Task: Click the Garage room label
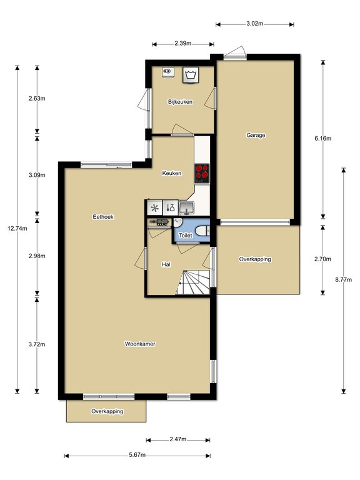pos(256,135)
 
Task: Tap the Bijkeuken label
pos(180,102)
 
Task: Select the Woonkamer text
pos(140,344)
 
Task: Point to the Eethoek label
pos(103,217)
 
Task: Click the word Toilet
pos(186,236)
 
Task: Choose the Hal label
pos(166,264)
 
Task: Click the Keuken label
pos(172,173)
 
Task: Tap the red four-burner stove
pos(202,174)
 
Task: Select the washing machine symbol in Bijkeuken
pos(191,75)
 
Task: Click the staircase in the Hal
pos(193,282)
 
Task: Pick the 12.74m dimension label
pos(17,228)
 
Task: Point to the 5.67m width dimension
pos(137,454)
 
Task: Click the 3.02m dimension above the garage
pos(255,24)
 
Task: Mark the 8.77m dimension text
pos(344,279)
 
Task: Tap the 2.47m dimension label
pos(178,439)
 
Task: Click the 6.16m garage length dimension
pos(322,138)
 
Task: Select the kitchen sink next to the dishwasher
pos(186,208)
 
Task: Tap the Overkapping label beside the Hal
pos(255,259)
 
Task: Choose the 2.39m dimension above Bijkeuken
pos(182,43)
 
